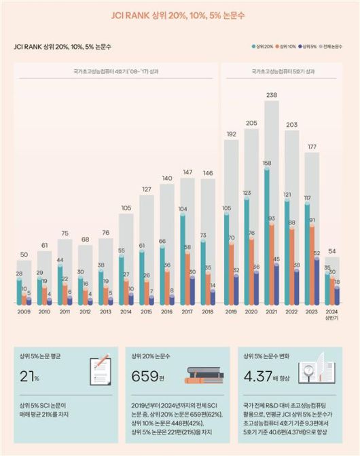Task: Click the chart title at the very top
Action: (x=179, y=14)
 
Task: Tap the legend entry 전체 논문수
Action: (x=334, y=47)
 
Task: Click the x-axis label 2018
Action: (x=208, y=312)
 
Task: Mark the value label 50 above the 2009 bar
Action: (x=24, y=254)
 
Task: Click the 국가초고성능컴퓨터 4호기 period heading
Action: (x=117, y=70)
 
